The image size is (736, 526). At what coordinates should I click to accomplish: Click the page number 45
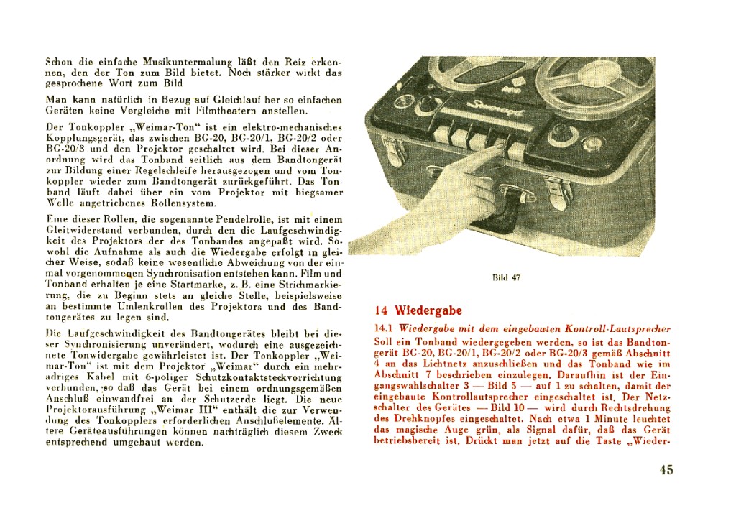click(x=666, y=470)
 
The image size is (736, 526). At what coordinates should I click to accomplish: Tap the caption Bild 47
click(x=506, y=278)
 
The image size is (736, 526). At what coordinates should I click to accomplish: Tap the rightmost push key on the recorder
click(x=517, y=151)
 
